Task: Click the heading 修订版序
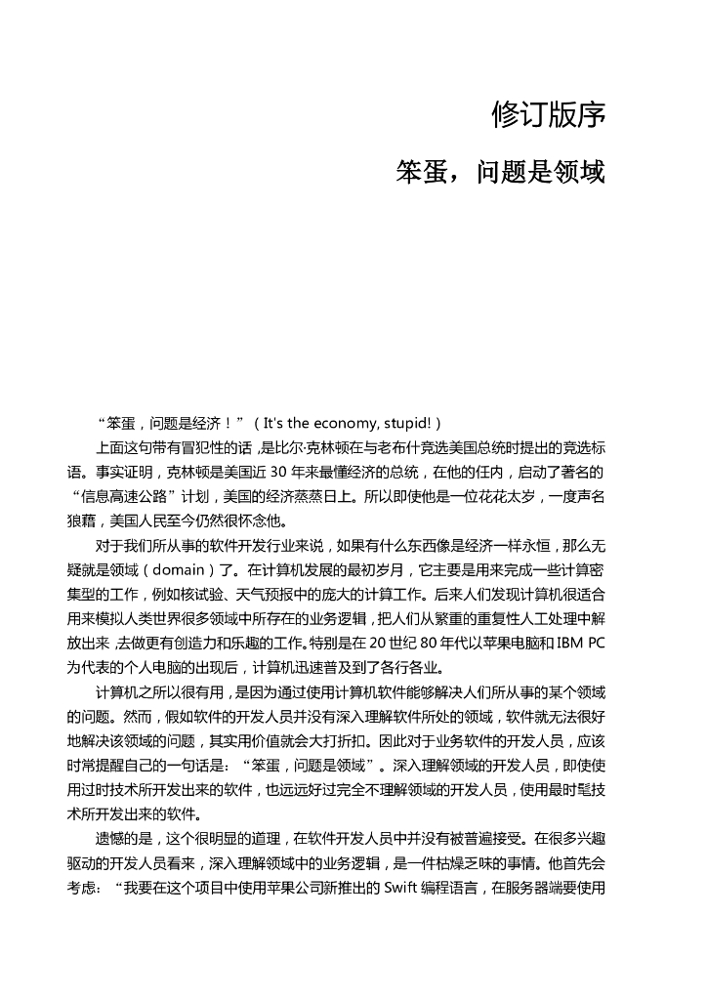[x=549, y=115]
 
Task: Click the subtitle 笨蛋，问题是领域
[x=500, y=172]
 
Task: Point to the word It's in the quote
[x=278, y=423]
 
